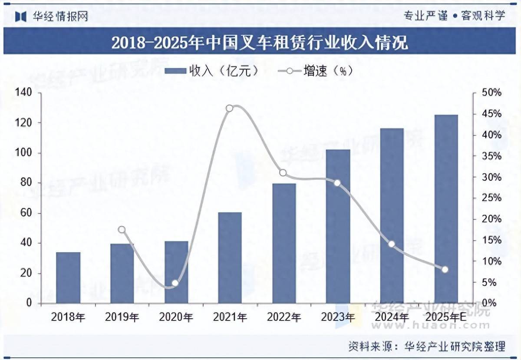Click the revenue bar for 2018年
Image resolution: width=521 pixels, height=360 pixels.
pos(68,277)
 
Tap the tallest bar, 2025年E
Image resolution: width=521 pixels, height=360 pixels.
pos(446,209)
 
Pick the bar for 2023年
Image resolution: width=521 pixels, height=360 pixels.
pos(338,226)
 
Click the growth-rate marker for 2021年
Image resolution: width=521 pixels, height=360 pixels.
pos(230,108)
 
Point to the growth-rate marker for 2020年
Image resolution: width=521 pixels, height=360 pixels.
pos(175,283)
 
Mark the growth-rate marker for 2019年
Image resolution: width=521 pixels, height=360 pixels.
pos(122,230)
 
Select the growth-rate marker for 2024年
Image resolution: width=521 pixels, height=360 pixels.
pos(392,244)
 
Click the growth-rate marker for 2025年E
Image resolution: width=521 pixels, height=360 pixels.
pos(445,270)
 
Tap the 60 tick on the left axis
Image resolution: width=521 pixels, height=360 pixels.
pos(26,213)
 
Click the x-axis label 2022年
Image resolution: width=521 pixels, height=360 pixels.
pos(284,317)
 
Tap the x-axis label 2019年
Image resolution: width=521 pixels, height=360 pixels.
pos(122,317)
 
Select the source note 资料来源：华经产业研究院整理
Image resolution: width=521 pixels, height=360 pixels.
pos(427,347)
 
